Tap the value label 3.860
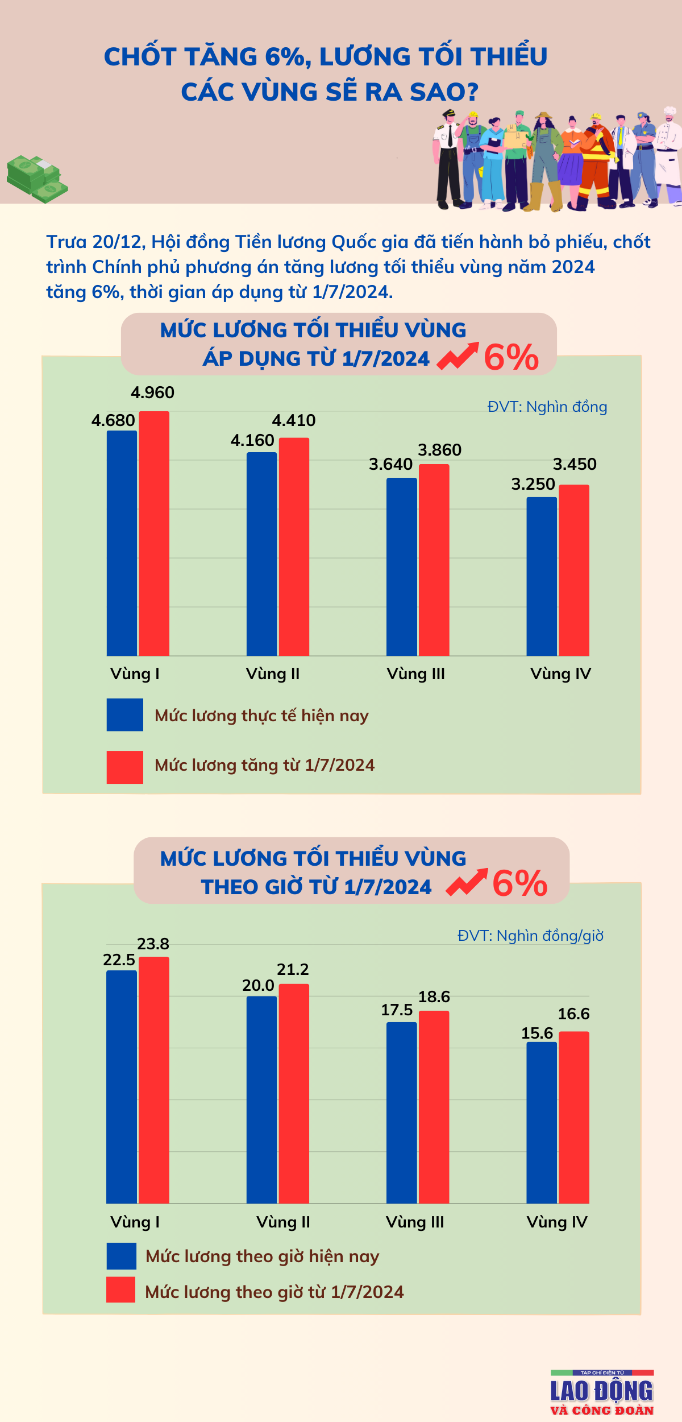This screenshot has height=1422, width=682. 439,450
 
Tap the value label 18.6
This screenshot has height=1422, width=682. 434,997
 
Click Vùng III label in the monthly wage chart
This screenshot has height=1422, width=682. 415,674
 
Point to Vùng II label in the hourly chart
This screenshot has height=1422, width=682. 283,1222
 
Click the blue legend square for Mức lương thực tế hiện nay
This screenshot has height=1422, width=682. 124,714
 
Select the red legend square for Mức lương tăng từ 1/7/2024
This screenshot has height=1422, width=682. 124,767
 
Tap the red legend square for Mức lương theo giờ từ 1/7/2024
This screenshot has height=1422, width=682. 120,1289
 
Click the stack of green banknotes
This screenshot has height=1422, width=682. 36,179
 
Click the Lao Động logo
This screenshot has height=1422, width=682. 602,1392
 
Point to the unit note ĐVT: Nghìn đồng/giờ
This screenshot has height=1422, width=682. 530,936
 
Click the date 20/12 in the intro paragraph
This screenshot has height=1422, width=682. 117,242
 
